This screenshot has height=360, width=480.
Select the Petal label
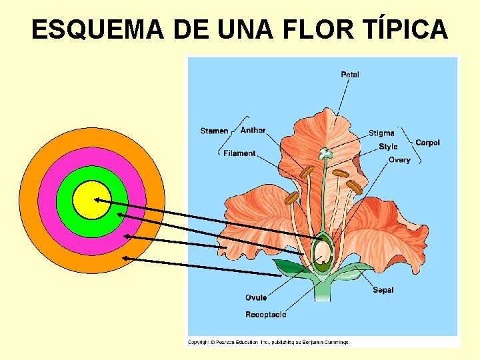[x=350, y=75]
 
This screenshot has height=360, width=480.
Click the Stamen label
[x=214, y=131]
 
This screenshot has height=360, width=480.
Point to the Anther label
[x=253, y=131]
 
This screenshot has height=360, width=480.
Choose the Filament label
[x=239, y=153]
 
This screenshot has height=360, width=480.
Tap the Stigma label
[x=381, y=133]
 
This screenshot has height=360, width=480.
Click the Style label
[x=388, y=147]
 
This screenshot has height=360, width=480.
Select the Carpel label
[x=427, y=143]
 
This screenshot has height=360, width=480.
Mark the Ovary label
[x=399, y=160]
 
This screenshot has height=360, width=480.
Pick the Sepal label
[x=383, y=290]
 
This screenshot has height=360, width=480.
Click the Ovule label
[x=256, y=298]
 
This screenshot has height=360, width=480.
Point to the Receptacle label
[x=265, y=315]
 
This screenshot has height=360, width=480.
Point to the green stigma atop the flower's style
[x=325, y=153]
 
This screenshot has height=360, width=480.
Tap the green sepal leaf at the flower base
[x=288, y=268]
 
